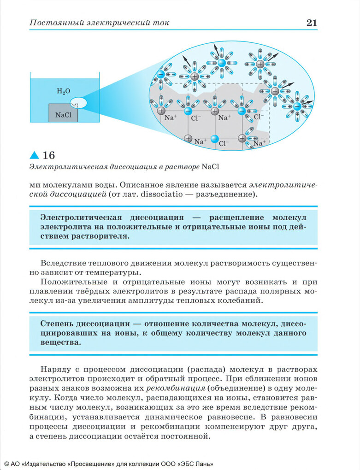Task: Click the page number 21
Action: (312, 23)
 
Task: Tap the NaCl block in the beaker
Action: (63, 114)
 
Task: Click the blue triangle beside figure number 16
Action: (35, 155)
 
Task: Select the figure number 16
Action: (48, 155)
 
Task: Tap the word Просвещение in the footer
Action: (93, 464)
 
